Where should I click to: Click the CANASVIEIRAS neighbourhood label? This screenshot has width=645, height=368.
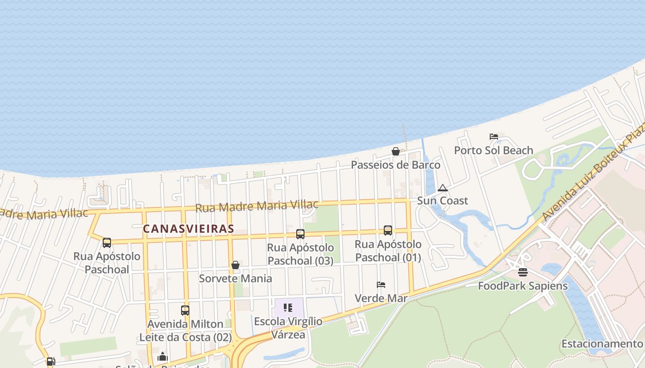188,229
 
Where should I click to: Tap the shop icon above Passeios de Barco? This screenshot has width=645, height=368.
395,151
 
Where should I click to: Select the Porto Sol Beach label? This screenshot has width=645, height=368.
493,150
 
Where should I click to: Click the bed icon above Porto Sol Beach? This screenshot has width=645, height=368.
494,137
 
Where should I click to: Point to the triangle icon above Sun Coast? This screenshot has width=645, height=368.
443,188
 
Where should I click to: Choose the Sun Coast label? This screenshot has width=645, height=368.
442,201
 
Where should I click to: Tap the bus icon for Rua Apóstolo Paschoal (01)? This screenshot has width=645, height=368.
388,230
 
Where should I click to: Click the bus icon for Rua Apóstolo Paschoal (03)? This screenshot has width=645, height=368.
300,234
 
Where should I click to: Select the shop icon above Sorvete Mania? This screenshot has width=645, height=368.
235,265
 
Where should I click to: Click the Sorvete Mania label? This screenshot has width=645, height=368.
235,278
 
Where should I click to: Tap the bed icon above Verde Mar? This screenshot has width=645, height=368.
381,285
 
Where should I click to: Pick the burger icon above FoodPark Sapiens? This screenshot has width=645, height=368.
522,272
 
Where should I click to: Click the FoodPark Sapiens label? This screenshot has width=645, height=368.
523,286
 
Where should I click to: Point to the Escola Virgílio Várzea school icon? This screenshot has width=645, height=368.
288,308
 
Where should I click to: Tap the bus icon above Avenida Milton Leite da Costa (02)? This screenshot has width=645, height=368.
185,310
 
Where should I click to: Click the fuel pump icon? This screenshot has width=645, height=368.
51,362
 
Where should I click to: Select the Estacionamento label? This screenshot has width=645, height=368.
602,344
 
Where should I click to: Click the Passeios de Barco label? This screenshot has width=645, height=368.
396,165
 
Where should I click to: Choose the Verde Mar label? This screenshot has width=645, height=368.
381,299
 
